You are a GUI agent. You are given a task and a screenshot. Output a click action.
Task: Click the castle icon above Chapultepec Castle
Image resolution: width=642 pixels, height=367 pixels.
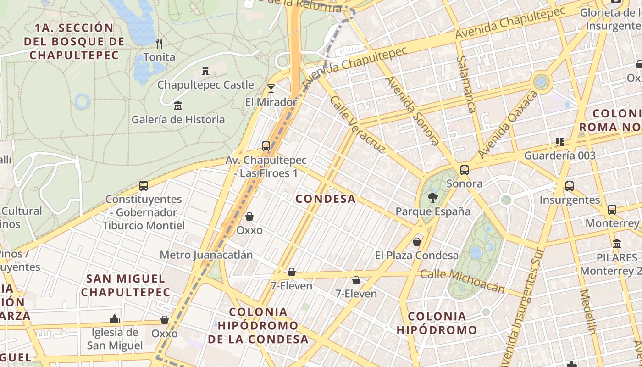tap(205, 71)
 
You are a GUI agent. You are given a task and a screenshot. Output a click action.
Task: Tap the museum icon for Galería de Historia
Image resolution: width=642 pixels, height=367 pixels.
tap(177, 106)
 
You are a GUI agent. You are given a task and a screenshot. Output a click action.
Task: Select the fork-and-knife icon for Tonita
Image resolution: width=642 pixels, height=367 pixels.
tap(159, 44)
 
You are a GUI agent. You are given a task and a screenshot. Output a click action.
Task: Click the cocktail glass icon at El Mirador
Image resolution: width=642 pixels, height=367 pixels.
tap(271, 88)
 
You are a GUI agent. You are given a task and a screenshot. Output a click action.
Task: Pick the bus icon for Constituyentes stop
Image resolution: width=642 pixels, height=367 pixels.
tap(144, 186)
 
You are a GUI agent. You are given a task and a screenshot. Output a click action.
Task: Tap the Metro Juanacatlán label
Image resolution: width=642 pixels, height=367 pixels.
tap(206, 255)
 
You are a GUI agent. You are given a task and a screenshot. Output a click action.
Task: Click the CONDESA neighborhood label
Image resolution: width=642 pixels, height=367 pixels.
tap(326, 199)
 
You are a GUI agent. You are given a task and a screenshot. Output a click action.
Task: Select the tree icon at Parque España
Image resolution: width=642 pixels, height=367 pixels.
tap(432, 198)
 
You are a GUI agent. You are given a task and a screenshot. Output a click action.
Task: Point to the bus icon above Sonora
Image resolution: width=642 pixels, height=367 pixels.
tap(465, 170)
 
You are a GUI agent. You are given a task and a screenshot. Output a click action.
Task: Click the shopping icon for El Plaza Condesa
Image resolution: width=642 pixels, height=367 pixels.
tap(417, 241)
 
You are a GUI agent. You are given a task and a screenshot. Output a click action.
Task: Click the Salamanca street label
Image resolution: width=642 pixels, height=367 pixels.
tap(467, 85)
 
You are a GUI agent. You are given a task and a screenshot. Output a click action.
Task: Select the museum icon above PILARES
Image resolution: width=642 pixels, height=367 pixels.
tap(617, 244)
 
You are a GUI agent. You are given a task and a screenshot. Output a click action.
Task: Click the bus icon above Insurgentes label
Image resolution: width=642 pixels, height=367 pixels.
tap(570, 186)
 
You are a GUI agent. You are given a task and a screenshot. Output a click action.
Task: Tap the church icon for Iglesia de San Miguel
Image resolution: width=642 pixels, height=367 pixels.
tap(115, 319)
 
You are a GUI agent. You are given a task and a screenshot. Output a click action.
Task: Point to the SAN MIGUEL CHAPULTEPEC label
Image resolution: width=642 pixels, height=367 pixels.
tap(126, 285)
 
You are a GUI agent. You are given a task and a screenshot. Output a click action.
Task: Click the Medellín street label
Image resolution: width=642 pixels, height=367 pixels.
tap(587, 312)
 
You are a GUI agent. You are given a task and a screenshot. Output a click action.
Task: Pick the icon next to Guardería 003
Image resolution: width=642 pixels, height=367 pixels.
tap(559, 142)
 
